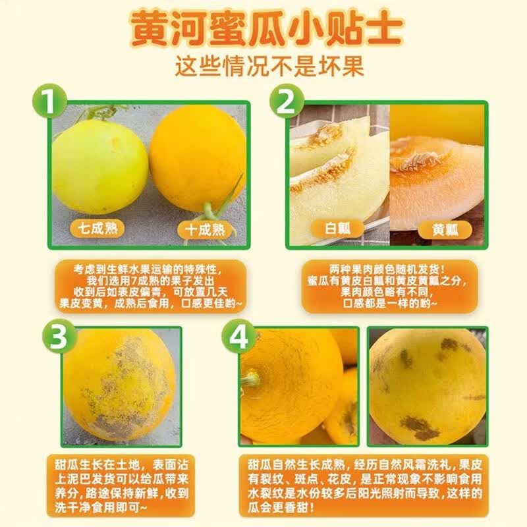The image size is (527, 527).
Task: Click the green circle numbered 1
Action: (x=50, y=101)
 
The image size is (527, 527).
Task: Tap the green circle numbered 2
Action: (x=287, y=101)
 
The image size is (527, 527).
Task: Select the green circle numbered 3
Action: (x=59, y=337)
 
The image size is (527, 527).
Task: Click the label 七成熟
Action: (x=97, y=229)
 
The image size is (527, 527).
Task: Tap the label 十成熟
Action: (x=205, y=230)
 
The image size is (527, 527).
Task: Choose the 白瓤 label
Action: (x=337, y=229)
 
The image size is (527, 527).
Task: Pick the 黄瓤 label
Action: (x=445, y=230)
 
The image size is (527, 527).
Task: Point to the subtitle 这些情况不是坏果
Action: (x=269, y=67)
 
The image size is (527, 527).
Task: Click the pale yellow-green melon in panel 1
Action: (x=100, y=167)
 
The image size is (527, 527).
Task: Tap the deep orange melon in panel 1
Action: (x=198, y=158)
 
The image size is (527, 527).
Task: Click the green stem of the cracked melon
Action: (x=250, y=379)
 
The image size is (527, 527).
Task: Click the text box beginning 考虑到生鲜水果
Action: (x=150, y=287)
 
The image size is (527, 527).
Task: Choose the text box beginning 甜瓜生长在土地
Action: (x=121, y=485)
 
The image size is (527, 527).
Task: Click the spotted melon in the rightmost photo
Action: (x=428, y=387)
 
